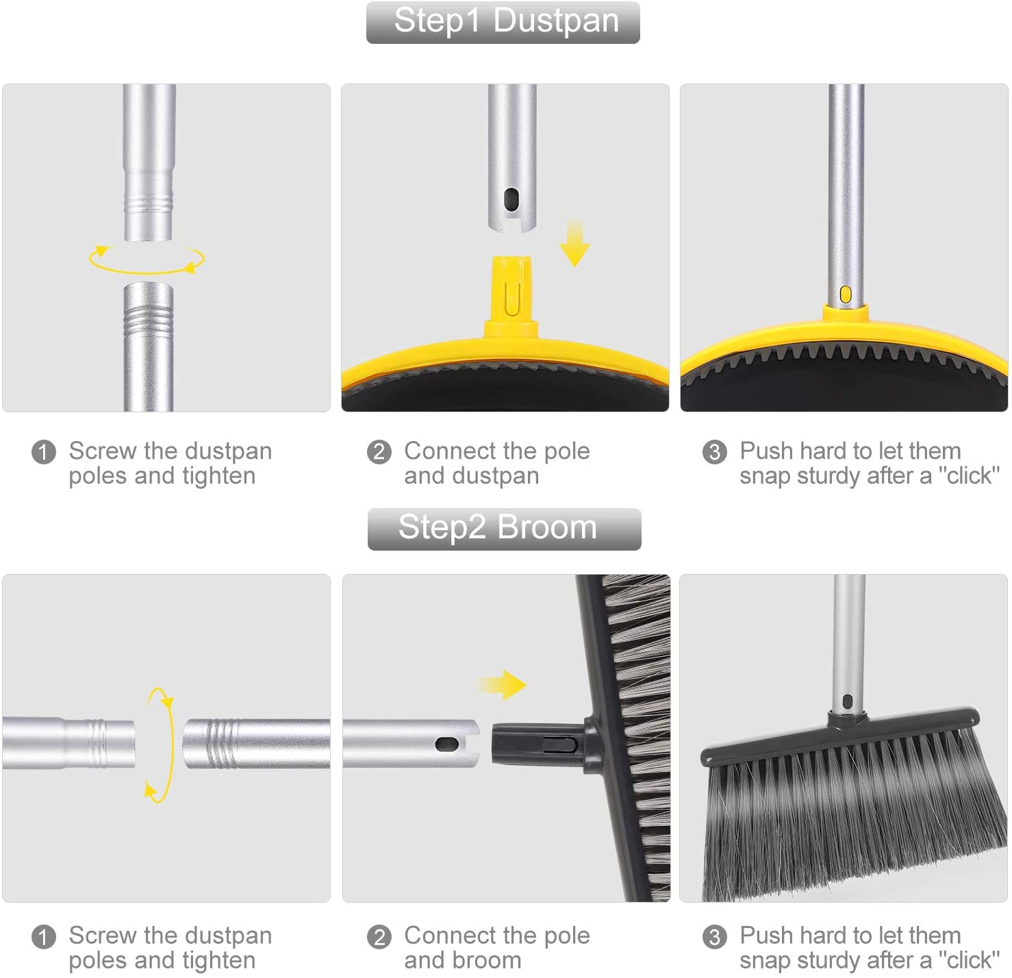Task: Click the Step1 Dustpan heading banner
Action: click(x=503, y=22)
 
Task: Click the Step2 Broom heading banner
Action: click(x=504, y=529)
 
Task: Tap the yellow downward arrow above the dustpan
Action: click(x=574, y=244)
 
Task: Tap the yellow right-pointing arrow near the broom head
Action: click(x=503, y=684)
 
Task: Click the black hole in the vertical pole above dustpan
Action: click(x=511, y=200)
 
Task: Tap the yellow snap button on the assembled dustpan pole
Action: click(x=845, y=294)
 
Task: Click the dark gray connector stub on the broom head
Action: click(x=537, y=743)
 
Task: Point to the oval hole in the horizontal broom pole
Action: click(x=446, y=743)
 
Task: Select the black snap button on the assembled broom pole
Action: click(x=847, y=701)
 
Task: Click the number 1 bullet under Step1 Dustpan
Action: click(x=44, y=452)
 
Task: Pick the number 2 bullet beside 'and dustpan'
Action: click(x=379, y=452)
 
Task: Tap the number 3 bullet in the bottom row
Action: click(x=715, y=937)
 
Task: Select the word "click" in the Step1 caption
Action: click(x=968, y=476)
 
